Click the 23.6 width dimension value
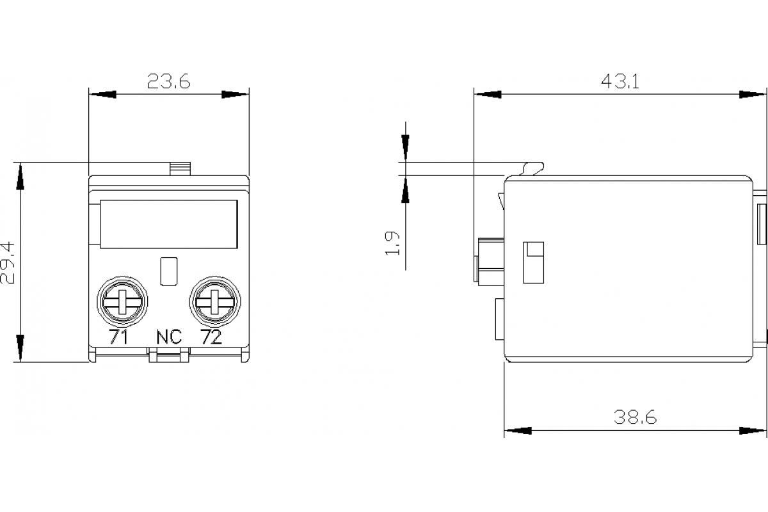pyautogui.click(x=169, y=81)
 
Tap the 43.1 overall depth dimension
pyautogui.click(x=620, y=81)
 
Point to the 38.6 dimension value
pyautogui.click(x=635, y=417)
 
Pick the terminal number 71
pyautogui.click(x=119, y=337)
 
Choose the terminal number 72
pyautogui.click(x=211, y=337)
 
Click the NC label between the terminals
pyautogui.click(x=169, y=337)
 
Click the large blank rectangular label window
pyautogui.click(x=169, y=223)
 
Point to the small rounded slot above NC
pyautogui.click(x=168, y=271)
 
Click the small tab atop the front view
pyautogui.click(x=180, y=168)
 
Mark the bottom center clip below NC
pyautogui.click(x=169, y=355)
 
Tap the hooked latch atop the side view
pyautogui.click(x=533, y=168)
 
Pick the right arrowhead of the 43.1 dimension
pyautogui.click(x=753, y=95)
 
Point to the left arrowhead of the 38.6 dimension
pyautogui.click(x=518, y=431)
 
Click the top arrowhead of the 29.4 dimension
pyautogui.click(x=20, y=175)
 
